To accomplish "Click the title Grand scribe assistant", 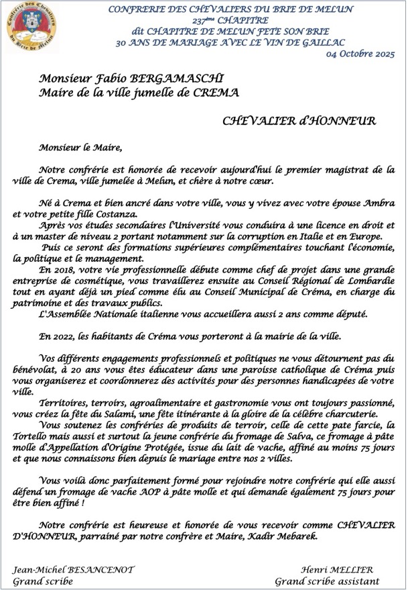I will point(327,581).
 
